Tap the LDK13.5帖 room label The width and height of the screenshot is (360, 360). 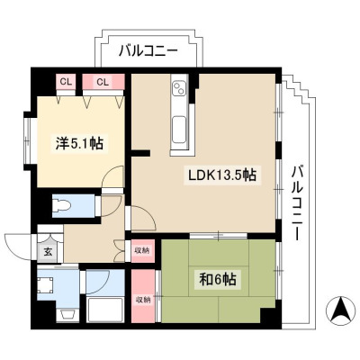pos(222,175)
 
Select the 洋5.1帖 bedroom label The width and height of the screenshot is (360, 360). pos(79,143)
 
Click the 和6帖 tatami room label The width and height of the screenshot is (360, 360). pos(218,280)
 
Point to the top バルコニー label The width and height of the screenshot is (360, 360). pos(148,51)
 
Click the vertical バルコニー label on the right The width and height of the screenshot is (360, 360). pos(296,203)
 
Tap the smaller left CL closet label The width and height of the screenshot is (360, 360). pos(66,82)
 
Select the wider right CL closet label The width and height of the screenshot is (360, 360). pos(103,82)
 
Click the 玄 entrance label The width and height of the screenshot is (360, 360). pos(48,251)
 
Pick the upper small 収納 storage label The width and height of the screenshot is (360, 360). pos(142,249)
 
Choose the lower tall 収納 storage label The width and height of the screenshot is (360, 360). pos(142,299)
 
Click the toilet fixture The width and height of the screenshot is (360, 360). pos(62,206)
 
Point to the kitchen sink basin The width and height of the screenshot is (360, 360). pos(180,130)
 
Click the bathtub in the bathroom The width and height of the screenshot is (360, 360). pos(105,310)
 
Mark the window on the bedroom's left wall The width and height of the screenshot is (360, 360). pos(30,140)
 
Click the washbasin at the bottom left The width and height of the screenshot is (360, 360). pos(67,315)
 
